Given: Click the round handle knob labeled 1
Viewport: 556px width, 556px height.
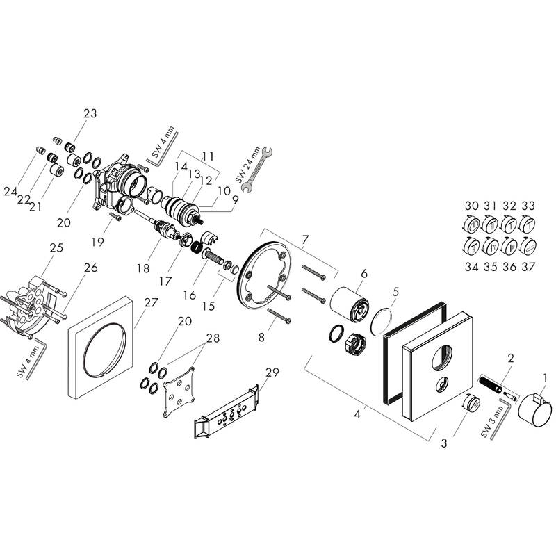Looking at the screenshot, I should point(539,402).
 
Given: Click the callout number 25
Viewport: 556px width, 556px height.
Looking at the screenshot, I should point(56,248).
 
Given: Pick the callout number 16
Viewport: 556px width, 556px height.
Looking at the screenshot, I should point(189,295).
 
